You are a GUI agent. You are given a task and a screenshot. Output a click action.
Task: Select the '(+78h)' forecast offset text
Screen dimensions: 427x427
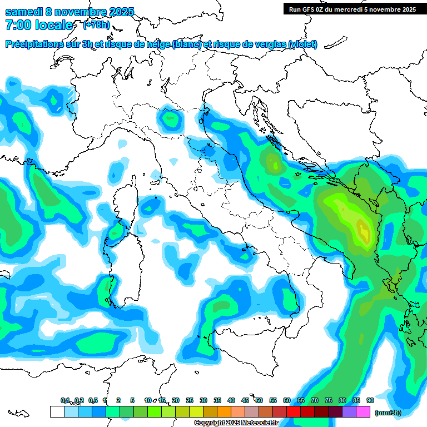point(96,25)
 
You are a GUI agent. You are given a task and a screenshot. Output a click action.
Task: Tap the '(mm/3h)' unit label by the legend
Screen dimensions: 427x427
point(388,413)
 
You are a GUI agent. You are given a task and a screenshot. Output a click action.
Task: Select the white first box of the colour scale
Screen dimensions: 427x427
point(57,411)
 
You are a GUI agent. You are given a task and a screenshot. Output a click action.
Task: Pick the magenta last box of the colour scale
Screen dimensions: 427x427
point(364,411)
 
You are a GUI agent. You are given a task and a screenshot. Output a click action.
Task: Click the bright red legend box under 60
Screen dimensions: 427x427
point(294,411)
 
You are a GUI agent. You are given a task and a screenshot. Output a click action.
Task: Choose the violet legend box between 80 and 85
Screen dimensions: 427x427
point(349,411)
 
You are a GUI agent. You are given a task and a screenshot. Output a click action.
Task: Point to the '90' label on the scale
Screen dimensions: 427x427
point(370,400)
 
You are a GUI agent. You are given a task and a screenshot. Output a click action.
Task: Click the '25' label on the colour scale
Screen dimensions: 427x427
point(190,400)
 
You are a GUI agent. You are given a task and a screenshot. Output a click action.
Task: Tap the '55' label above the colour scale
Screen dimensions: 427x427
point(273,400)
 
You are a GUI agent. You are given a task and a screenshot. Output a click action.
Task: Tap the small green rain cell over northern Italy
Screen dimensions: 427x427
point(170,118)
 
